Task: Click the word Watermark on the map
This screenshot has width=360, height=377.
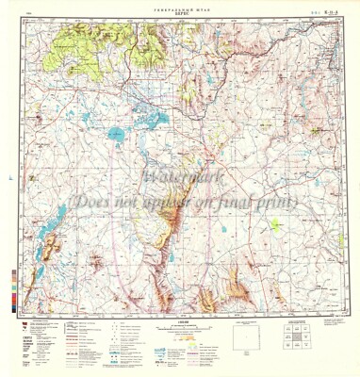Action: click(178, 178)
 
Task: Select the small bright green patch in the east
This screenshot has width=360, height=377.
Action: click(275, 224)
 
